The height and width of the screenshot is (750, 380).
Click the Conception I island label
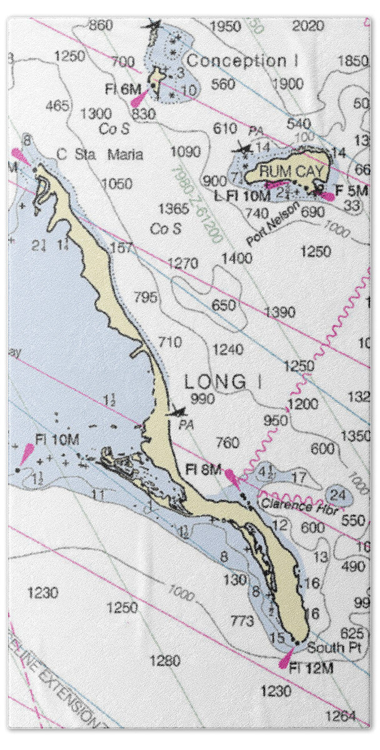(242, 61)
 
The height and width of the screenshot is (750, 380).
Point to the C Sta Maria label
(100, 154)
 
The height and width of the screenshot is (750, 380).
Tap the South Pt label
(334, 647)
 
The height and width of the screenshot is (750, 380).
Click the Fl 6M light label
(123, 90)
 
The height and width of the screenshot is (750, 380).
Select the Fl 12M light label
(311, 668)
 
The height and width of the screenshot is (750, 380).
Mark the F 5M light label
(351, 189)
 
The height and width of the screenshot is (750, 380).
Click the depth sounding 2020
(308, 26)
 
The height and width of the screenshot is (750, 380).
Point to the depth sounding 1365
(173, 208)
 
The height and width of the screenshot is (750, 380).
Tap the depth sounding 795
(146, 297)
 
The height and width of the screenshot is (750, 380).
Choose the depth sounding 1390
(279, 312)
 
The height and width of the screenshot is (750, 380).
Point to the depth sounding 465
(57, 106)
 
